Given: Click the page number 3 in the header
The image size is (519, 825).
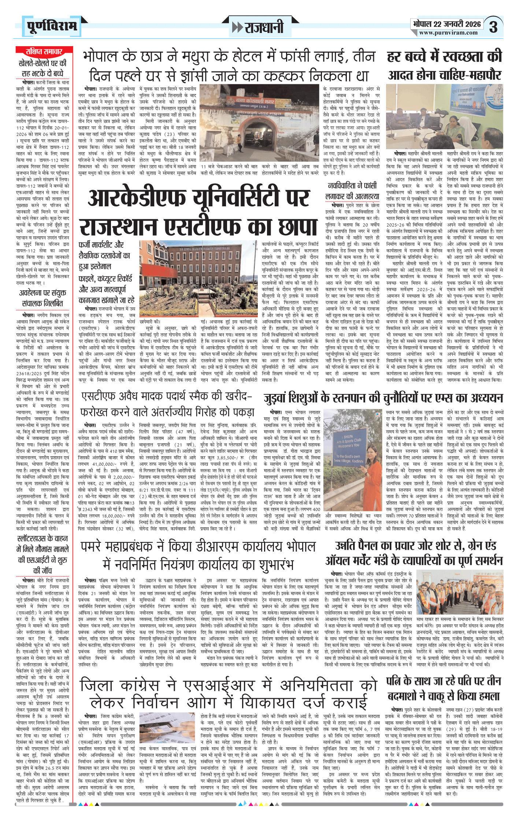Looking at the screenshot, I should click(493, 27).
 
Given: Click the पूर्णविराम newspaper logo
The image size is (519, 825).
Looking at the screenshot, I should click(52, 26).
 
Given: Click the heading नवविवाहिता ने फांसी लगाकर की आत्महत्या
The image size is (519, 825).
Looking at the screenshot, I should click(352, 191).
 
